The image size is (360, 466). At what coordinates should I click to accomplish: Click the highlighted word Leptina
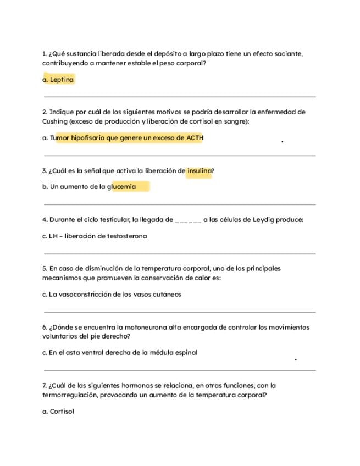point(62,80)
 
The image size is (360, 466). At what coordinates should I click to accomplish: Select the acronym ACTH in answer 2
point(195,138)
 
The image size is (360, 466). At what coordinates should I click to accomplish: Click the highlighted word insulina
point(199,170)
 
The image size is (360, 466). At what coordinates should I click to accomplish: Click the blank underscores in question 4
point(188,220)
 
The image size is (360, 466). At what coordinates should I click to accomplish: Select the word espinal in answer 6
point(186,353)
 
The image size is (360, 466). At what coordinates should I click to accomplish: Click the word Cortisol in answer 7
point(62,411)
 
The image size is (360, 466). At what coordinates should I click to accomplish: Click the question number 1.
point(44,54)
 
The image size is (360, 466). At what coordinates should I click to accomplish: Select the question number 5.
point(44,269)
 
